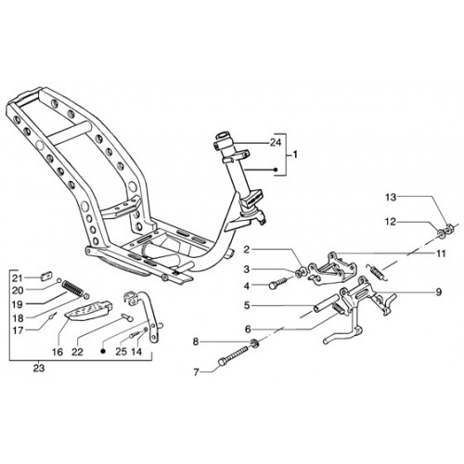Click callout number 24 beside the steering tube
click(x=276, y=143)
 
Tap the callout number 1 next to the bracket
click(x=295, y=154)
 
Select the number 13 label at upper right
click(x=391, y=197)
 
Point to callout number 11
click(x=441, y=253)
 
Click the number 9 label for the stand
click(x=439, y=291)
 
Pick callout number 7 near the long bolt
click(x=196, y=372)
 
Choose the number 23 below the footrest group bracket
click(x=39, y=368)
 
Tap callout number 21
click(x=18, y=278)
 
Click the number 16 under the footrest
click(x=58, y=352)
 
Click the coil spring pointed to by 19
click(x=73, y=289)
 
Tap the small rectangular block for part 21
click(x=46, y=275)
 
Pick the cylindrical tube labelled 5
click(x=326, y=303)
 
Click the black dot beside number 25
click(x=104, y=352)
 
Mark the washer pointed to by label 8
click(x=255, y=342)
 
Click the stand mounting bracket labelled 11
click(x=332, y=266)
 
